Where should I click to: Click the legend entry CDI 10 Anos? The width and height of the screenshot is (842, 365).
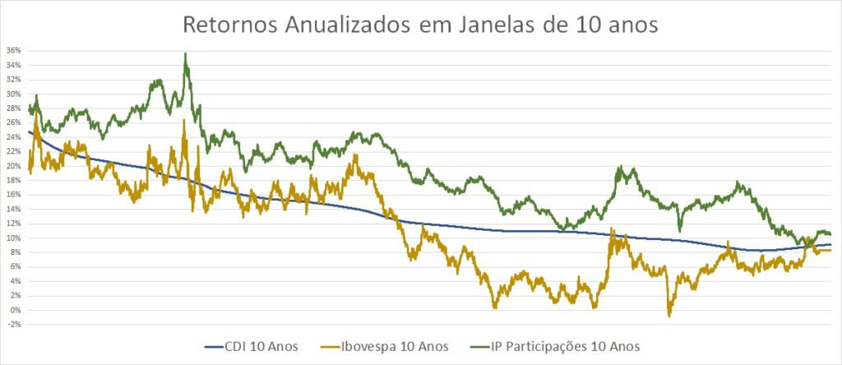click(264, 345)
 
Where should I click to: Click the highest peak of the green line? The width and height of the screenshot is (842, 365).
click(186, 54)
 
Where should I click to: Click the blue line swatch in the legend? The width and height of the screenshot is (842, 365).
click(215, 345)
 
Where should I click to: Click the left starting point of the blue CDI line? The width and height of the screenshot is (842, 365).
click(29, 132)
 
